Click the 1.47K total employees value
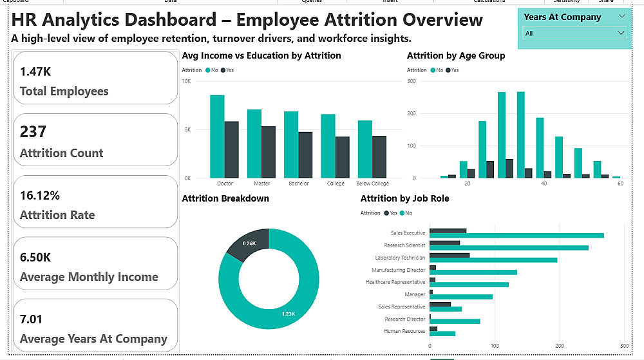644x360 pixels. pyautogui.click(x=35, y=71)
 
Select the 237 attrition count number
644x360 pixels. pyautogui.click(x=33, y=132)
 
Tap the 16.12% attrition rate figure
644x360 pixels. pyautogui.click(x=40, y=195)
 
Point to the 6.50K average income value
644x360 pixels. pyautogui.click(x=35, y=257)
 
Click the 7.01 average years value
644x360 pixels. pyautogui.click(x=32, y=319)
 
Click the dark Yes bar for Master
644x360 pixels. pyautogui.click(x=268, y=152)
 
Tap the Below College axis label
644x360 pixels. pyautogui.click(x=373, y=184)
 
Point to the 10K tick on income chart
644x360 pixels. pyautogui.click(x=186, y=81)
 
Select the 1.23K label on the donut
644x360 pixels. pyautogui.click(x=287, y=314)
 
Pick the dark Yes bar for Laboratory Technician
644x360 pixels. pyautogui.click(x=450, y=255)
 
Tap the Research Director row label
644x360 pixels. pyautogui.click(x=405, y=319)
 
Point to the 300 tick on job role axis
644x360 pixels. pyautogui.click(x=624, y=345)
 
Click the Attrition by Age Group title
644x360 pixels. pyautogui.click(x=456, y=55)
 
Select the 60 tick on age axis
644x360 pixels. pyautogui.click(x=620, y=184)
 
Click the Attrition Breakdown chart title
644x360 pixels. pyautogui.click(x=225, y=198)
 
